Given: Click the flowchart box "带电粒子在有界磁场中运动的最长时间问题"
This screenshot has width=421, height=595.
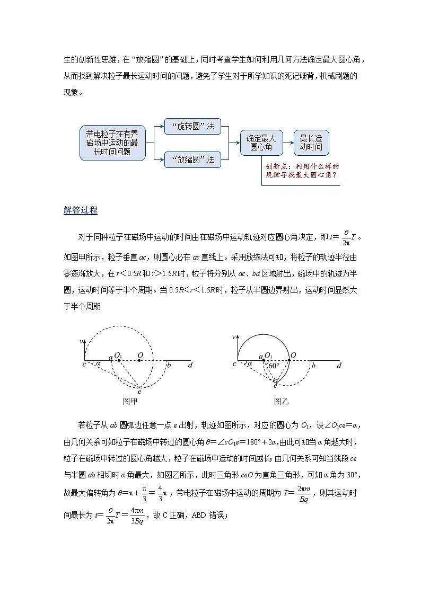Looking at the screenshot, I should pyautogui.click(x=112, y=143).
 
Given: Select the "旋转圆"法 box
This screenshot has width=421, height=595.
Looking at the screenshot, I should pyautogui.click(x=189, y=127).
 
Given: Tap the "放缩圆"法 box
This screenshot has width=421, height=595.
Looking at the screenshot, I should pyautogui.click(x=189, y=159).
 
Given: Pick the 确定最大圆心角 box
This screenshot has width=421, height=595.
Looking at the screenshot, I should pyautogui.click(x=261, y=143).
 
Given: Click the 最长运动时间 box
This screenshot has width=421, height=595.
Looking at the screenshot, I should pyautogui.click(x=311, y=143).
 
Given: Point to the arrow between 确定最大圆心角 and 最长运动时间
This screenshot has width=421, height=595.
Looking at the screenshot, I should pyautogui.click(x=288, y=143).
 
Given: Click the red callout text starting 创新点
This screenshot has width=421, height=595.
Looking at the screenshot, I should pyautogui.click(x=302, y=170).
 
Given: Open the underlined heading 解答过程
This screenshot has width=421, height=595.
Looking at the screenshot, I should pyautogui.click(x=81, y=210).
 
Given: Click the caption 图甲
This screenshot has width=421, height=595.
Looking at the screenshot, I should pyautogui.click(x=130, y=402).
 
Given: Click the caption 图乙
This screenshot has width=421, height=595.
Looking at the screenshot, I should pyautogui.click(x=281, y=402).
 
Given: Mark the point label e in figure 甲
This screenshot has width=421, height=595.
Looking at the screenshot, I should pyautogui.click(x=139, y=391).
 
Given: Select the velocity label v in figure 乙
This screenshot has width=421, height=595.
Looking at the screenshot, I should pyautogui.click(x=233, y=338).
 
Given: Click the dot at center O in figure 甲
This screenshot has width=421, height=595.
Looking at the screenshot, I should pyautogui.click(x=139, y=361).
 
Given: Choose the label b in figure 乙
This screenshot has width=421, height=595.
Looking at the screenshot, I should pyautogui.click(x=313, y=366).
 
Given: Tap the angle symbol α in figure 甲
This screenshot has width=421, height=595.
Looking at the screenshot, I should pyautogui.click(x=98, y=364).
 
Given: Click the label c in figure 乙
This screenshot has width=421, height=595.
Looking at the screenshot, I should pyautogui.click(x=234, y=364).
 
